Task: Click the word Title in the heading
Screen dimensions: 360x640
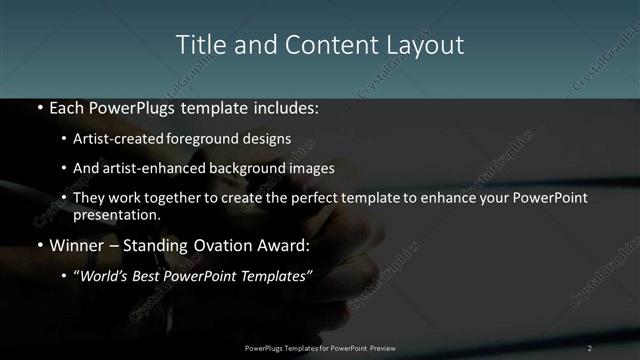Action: (x=198, y=45)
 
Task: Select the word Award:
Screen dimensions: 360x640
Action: (x=282, y=245)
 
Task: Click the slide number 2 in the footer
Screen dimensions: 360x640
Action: (x=590, y=347)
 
